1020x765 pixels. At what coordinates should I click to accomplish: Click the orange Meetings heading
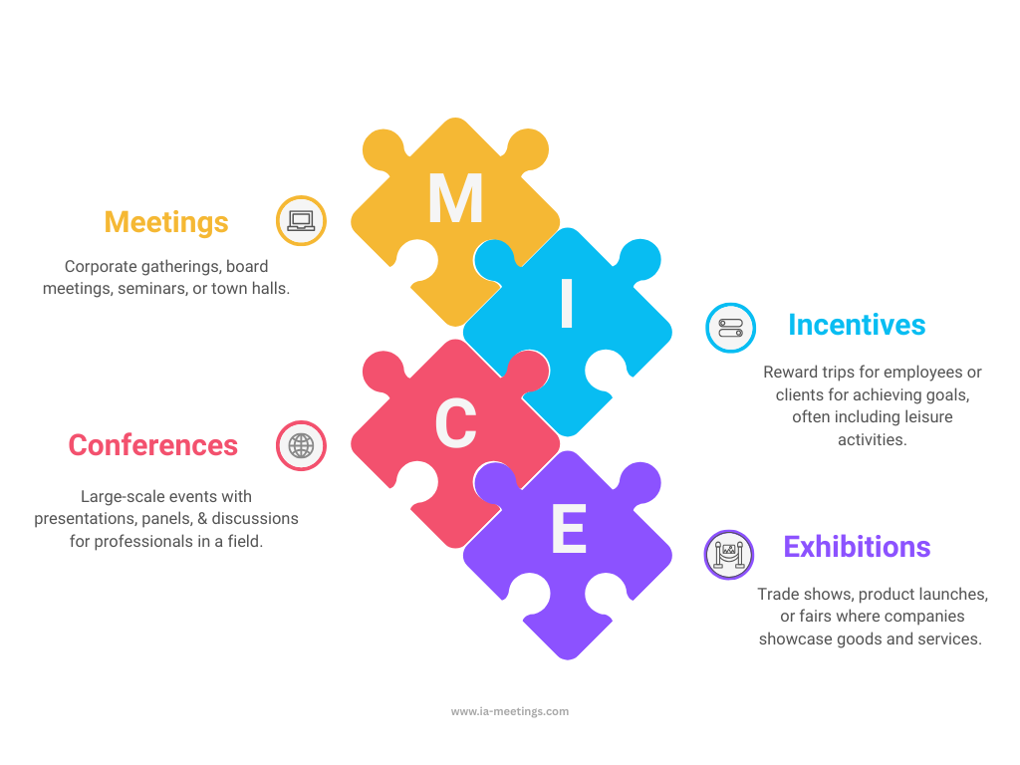pyautogui.click(x=166, y=222)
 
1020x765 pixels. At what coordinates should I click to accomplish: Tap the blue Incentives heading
pyautogui.click(x=857, y=325)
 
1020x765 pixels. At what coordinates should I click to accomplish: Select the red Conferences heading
pyautogui.click(x=152, y=445)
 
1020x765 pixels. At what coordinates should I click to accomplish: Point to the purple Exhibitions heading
pyautogui.click(x=857, y=547)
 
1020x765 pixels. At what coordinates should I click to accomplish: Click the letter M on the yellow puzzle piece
pyautogui.click(x=455, y=198)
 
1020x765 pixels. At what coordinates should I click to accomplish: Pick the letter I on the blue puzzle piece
pyautogui.click(x=567, y=303)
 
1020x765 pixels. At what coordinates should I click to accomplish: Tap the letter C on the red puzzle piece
pyautogui.click(x=456, y=423)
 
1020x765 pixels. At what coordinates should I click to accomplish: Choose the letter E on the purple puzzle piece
pyautogui.click(x=569, y=529)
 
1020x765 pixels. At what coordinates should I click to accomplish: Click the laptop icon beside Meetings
pyautogui.click(x=301, y=220)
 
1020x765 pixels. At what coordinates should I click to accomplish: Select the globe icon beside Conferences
pyautogui.click(x=301, y=445)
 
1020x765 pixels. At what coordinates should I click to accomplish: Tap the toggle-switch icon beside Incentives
pyautogui.click(x=730, y=328)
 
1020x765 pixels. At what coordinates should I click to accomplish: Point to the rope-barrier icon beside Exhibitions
pyautogui.click(x=729, y=554)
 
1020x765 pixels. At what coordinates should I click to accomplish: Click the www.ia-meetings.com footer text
pyautogui.click(x=510, y=711)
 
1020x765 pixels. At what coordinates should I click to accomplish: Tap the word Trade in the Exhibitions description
pyautogui.click(x=778, y=594)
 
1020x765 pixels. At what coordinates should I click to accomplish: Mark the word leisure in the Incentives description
pyautogui.click(x=928, y=417)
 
